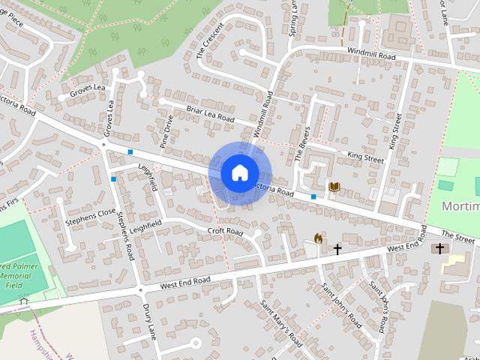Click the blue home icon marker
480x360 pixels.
coord(239,172)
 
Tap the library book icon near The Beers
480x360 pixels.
coord(334,186)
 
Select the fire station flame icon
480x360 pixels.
coord(318,238)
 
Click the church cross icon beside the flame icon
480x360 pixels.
coord(337,247)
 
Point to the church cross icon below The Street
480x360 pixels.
coord(439,247)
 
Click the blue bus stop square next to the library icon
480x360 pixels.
coord(313,196)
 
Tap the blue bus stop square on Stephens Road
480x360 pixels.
coord(113,179)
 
